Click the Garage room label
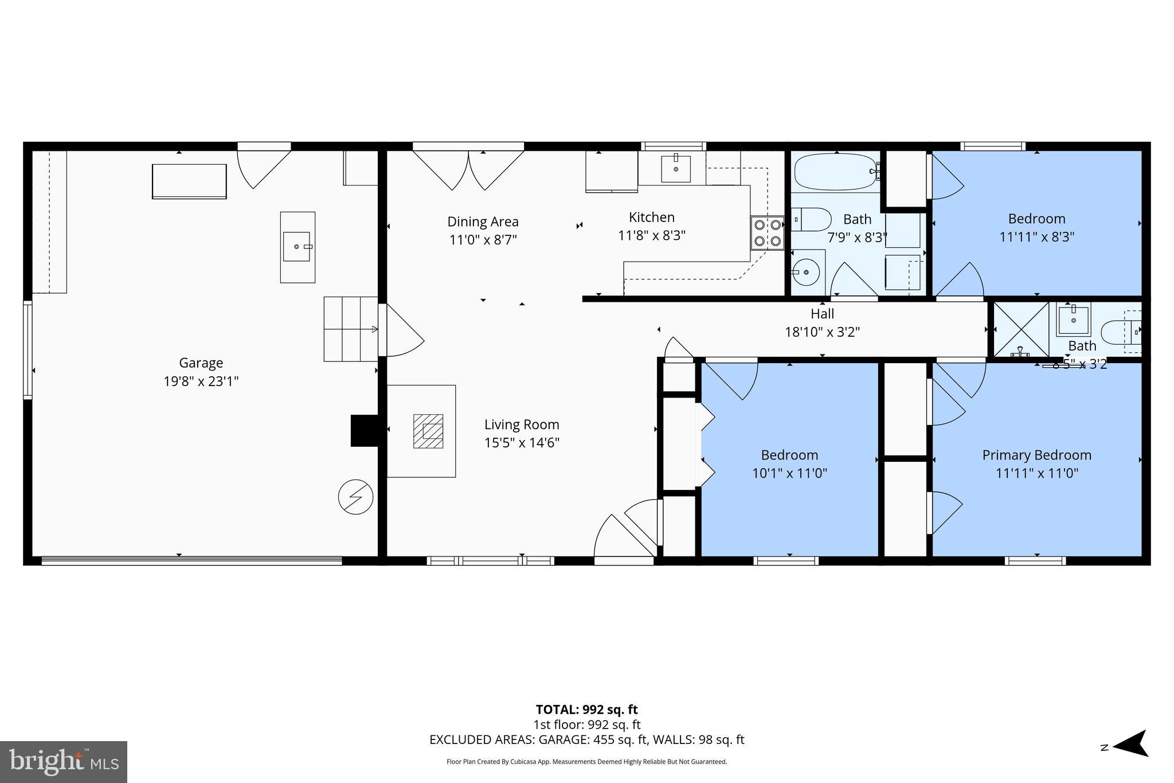201,363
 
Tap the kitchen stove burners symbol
768,233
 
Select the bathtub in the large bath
836,171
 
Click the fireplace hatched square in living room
428,431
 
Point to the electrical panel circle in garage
355,497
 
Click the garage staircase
351,329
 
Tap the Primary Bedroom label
1036,455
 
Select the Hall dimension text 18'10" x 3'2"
822,332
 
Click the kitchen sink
676,168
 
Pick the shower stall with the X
1020,330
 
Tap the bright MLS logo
64,761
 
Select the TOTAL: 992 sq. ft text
586,710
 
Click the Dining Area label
483,221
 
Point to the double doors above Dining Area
469,168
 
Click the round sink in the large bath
806,271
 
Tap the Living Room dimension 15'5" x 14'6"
522,443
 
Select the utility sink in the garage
297,247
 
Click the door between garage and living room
401,331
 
